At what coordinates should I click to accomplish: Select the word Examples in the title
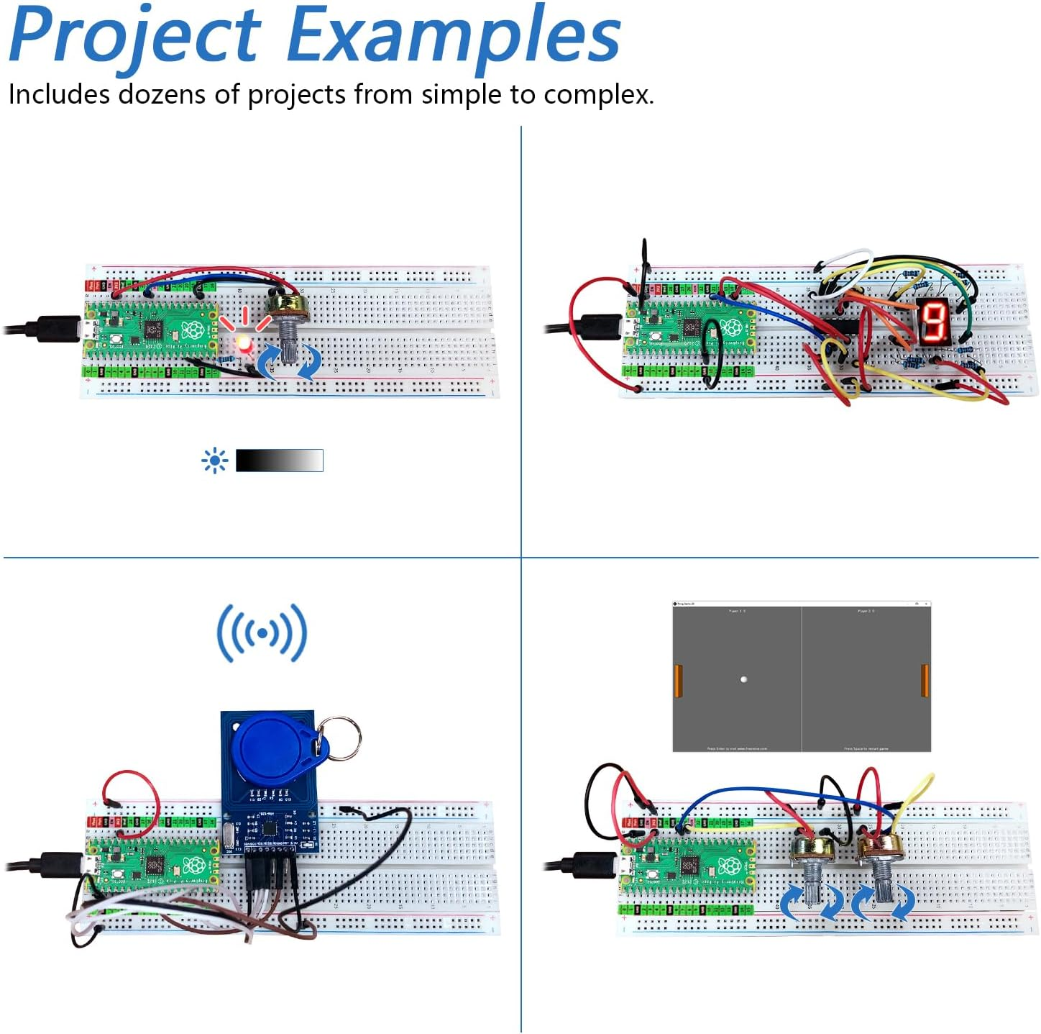(x=453, y=36)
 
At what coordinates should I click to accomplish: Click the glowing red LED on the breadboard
(x=244, y=343)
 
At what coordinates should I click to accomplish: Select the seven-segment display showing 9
(x=933, y=320)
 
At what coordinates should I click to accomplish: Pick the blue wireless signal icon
(x=262, y=633)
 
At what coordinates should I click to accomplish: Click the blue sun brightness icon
(x=214, y=461)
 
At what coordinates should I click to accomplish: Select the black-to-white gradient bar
(x=279, y=461)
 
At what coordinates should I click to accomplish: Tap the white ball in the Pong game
(x=743, y=679)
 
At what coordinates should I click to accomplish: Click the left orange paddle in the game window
(x=677, y=681)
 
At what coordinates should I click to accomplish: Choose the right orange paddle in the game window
(x=925, y=681)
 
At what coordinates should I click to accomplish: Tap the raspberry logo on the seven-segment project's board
(x=732, y=328)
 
